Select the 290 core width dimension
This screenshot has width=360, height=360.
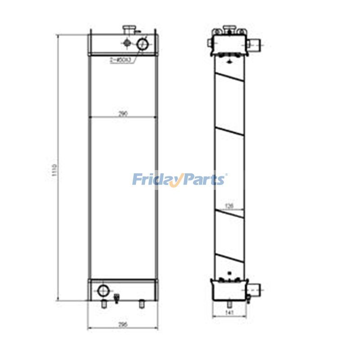123,114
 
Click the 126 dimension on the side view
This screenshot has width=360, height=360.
229,206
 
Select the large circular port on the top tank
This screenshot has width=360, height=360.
144,44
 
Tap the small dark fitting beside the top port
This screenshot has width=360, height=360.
126,43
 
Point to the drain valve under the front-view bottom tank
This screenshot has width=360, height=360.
117,298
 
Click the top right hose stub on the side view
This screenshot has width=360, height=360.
254,45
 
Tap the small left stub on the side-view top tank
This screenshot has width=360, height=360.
210,43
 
